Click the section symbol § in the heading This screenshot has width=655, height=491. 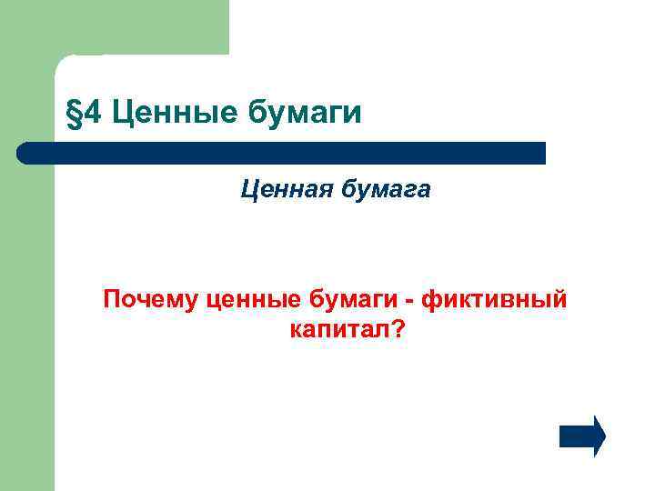point(74,115)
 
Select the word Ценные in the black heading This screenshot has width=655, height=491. point(171,114)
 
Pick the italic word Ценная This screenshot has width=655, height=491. point(283,190)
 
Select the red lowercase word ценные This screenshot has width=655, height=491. point(253,300)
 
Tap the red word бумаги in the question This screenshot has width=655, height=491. point(357,300)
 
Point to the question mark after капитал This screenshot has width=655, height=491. point(398,331)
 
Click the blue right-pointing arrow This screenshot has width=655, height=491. point(581,436)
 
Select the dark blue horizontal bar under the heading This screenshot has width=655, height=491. point(282,153)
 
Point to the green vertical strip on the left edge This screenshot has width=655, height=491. point(27,318)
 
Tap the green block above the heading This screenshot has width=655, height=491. point(136,27)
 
